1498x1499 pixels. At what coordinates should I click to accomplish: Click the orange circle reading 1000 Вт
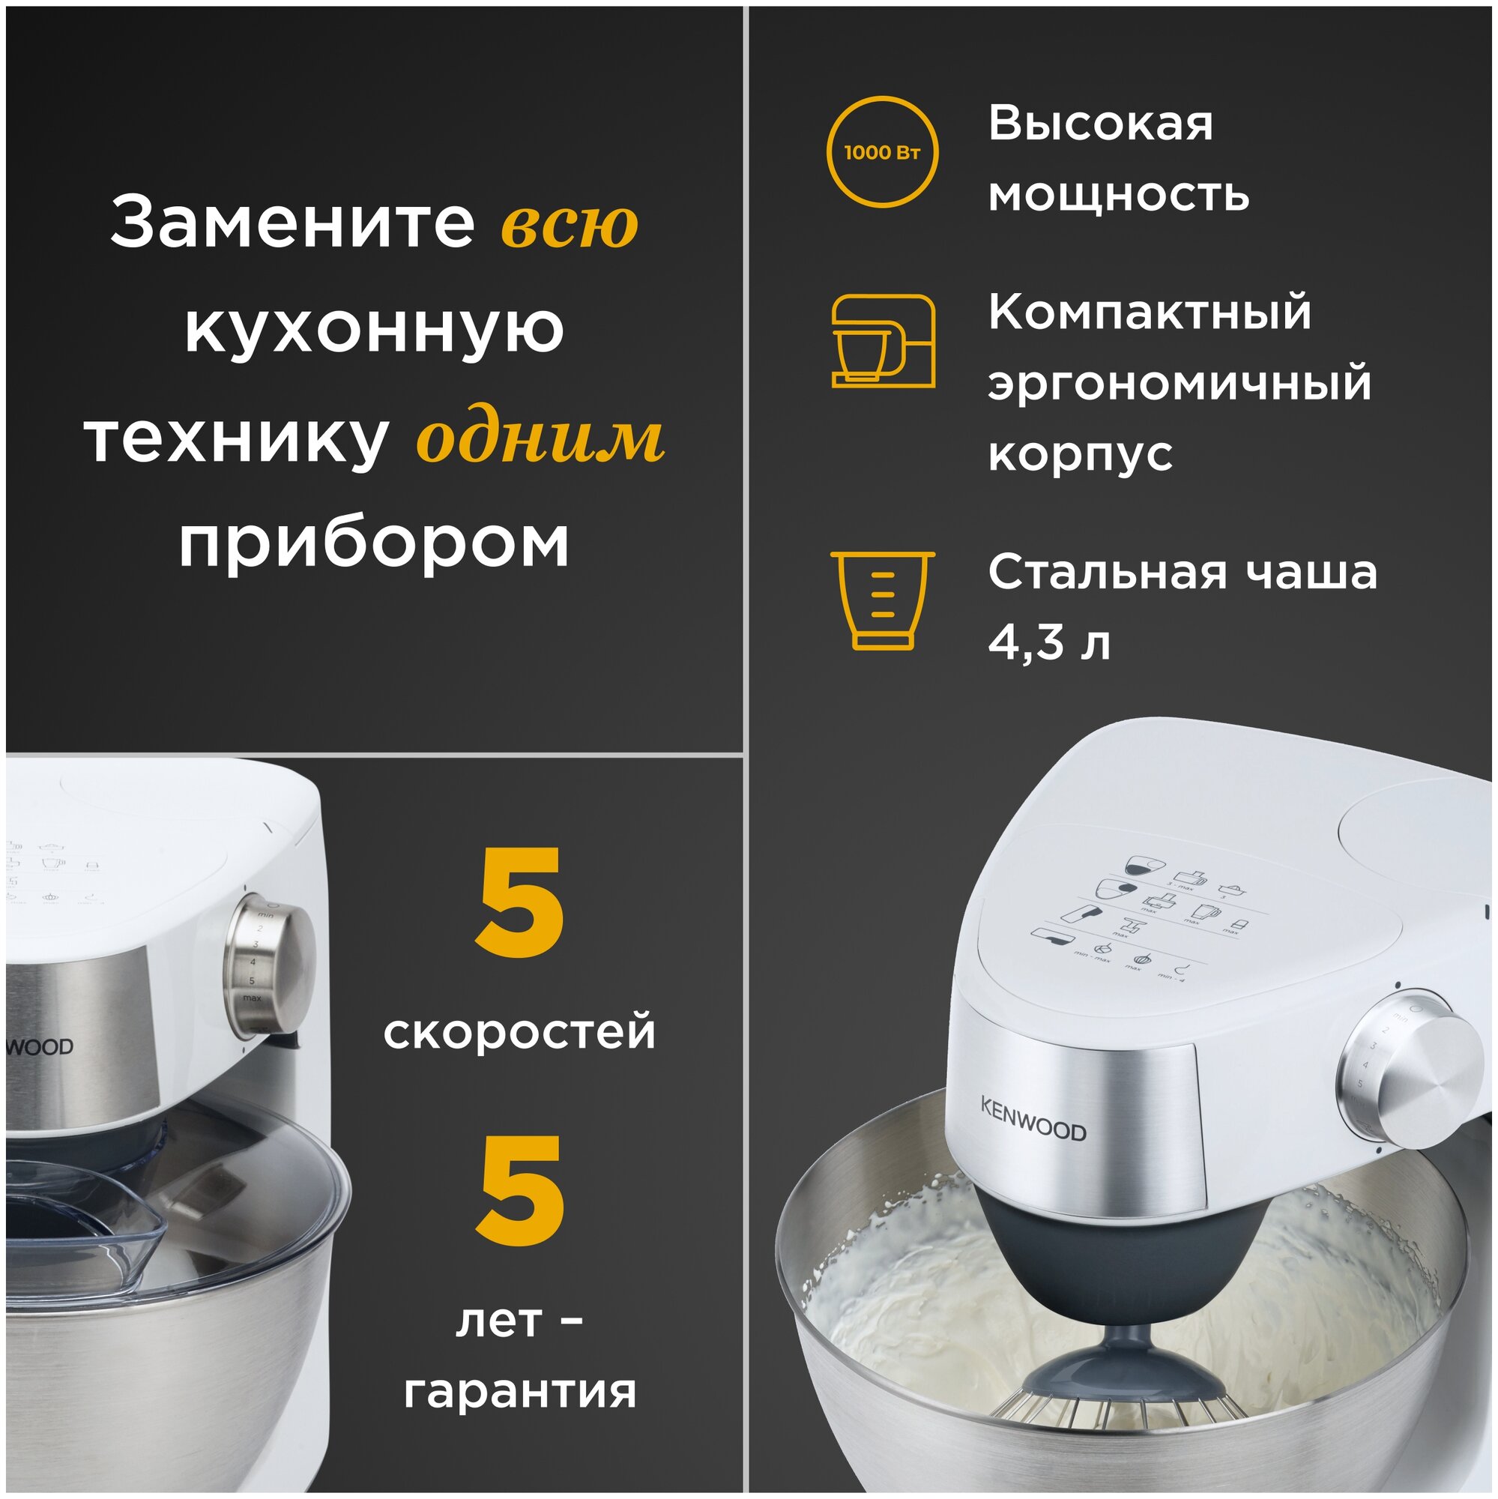point(882,152)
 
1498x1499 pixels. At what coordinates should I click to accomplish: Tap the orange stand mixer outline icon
point(882,340)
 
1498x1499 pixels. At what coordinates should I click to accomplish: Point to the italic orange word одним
point(540,440)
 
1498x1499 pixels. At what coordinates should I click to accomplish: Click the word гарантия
point(520,1390)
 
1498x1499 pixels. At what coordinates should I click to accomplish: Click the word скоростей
point(519,1033)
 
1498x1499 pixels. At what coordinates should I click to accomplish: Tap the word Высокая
point(1099,124)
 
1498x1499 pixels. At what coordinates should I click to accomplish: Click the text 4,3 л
point(1048,642)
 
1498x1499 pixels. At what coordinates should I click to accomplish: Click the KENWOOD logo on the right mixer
point(1033,1118)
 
